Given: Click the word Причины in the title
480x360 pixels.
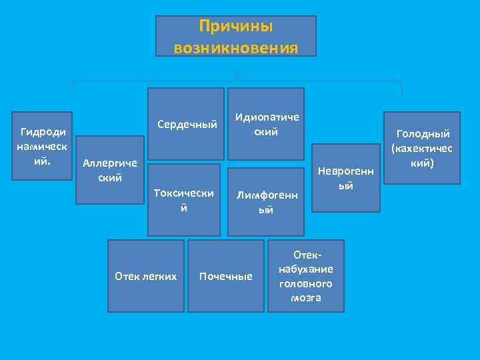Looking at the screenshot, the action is point(236,27).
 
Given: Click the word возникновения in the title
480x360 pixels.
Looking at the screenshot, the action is point(236,48).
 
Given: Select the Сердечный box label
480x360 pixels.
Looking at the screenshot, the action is point(187,125).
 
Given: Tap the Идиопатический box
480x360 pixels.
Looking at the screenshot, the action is point(266,124).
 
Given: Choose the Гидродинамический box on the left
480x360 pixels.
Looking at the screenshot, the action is point(43,145).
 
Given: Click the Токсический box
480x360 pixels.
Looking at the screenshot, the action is point(184,200).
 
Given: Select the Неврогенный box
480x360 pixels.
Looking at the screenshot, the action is point(346,177).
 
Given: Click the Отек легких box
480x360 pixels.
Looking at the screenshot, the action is point(146,276).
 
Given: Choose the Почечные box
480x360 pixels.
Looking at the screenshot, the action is point(226,276).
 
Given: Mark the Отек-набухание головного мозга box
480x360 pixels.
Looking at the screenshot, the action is point(306,276).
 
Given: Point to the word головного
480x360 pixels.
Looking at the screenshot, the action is point(307,283).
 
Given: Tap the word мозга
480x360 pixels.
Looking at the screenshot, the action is point(306,297).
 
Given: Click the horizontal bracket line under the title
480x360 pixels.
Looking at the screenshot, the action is point(237,82).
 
